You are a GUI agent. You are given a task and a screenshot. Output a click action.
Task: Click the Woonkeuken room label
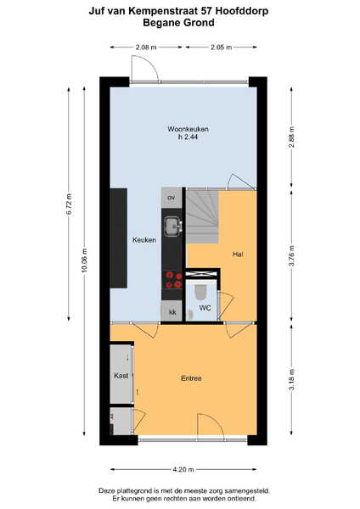pos(188,129)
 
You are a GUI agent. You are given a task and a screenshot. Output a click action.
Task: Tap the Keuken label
pos(144,240)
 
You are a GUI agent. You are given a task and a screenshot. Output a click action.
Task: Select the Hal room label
pos(238,255)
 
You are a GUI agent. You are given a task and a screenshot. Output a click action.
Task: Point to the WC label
pos(205,308)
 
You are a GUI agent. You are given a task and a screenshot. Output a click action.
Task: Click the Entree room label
pos(191,378)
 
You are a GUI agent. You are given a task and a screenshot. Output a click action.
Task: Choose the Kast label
pos(121,376)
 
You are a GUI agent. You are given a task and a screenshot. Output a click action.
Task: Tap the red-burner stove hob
pos(173,280)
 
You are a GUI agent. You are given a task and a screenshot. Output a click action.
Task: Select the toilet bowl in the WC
pos(200,292)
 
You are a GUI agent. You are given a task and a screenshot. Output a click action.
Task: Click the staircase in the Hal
pos(202,216)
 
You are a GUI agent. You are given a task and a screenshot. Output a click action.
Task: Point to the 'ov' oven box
pos(172,198)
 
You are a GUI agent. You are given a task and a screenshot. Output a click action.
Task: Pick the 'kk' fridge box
pos(172,311)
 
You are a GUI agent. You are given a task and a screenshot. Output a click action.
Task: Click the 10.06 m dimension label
pos(84,260)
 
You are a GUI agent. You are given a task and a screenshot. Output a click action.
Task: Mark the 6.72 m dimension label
pos(69,204)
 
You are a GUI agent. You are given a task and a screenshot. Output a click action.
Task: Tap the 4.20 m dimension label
pos(183,469)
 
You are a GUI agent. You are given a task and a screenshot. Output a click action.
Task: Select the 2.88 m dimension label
pos(292,137)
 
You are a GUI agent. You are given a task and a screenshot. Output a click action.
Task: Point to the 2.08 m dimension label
pos(146,48)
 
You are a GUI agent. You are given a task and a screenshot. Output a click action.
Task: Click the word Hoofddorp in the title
pos(242,11)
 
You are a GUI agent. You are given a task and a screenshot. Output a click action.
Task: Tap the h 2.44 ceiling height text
pos(188,137)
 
